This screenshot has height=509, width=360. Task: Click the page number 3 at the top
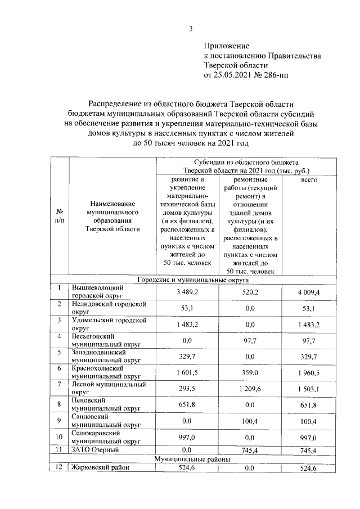pyautogui.click(x=191, y=29)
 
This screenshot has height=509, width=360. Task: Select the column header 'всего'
pyautogui.click(x=309, y=179)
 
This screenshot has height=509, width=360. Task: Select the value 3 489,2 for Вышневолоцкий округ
pyautogui.click(x=186, y=292)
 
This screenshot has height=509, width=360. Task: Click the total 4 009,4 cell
pyautogui.click(x=309, y=292)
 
